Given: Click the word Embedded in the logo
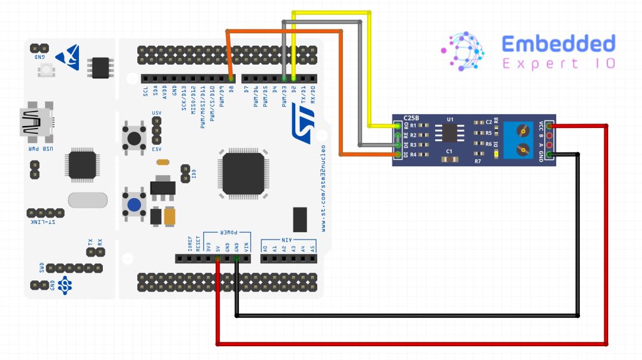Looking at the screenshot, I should (559, 44).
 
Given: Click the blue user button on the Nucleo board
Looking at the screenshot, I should (133, 204).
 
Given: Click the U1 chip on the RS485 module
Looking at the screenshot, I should (450, 132).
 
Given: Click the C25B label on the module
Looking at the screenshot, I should (412, 118).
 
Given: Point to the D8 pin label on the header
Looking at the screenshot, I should (231, 92).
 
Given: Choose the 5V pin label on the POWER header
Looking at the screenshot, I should (218, 248).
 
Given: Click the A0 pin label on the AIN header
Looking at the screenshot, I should (266, 248).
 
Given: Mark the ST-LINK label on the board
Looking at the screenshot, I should (42, 222).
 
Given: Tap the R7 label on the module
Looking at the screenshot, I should (477, 161).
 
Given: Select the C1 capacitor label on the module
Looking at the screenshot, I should (449, 152).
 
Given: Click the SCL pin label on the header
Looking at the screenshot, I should (145, 92).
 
